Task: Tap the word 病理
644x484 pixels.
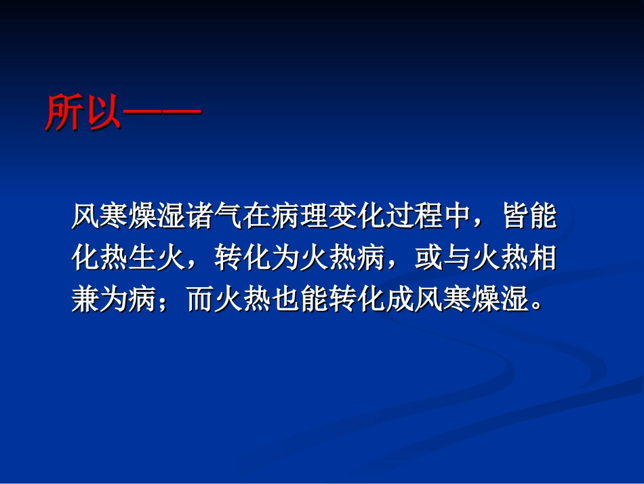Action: pos(299,218)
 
